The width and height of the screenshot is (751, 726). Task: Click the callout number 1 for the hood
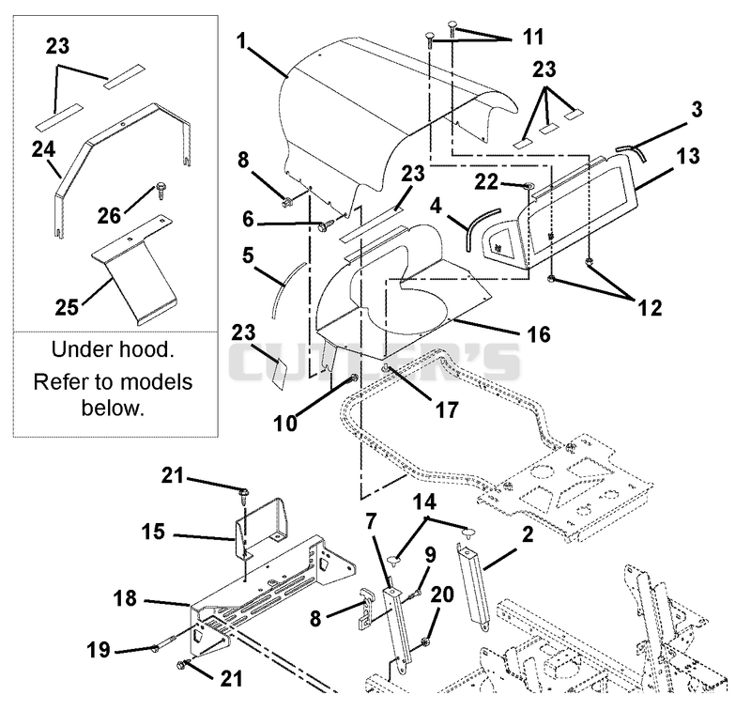click(241, 40)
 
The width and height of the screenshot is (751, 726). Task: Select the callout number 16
click(539, 334)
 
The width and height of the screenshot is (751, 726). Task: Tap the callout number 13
click(688, 156)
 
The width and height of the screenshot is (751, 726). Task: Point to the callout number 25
click(67, 307)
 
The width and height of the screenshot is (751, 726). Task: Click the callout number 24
click(43, 149)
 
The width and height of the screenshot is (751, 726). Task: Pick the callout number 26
click(109, 216)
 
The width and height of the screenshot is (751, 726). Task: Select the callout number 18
click(125, 598)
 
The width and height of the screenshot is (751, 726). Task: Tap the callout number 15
click(153, 532)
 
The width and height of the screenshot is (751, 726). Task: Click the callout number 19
click(99, 650)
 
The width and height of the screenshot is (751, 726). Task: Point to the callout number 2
click(528, 534)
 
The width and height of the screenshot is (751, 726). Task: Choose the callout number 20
click(442, 595)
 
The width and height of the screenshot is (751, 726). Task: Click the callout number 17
click(447, 409)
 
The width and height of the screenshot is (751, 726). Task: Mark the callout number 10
click(285, 424)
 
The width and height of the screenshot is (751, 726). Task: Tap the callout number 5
click(248, 255)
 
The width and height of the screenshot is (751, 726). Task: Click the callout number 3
click(697, 109)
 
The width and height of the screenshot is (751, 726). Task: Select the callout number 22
click(486, 182)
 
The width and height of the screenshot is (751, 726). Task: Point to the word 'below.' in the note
click(113, 409)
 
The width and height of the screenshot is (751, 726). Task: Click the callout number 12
click(650, 308)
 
